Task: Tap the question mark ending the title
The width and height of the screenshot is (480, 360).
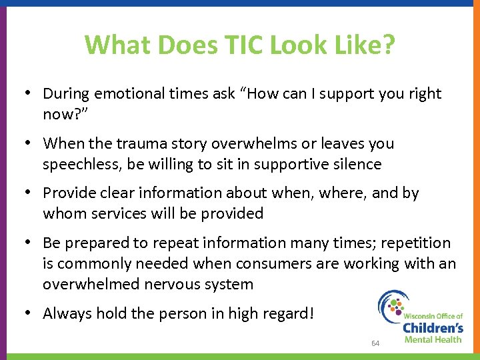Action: click(x=388, y=45)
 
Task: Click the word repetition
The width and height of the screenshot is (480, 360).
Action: click(x=415, y=243)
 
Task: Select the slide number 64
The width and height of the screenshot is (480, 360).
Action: click(x=375, y=343)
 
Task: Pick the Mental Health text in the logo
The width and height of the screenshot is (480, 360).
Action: click(x=433, y=339)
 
